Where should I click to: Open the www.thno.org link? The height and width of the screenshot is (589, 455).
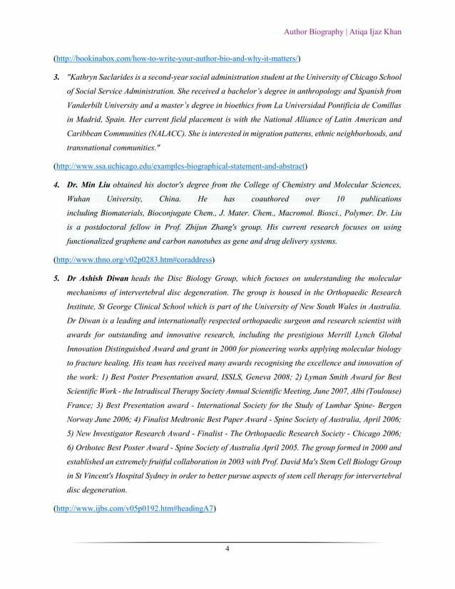coord(136,259)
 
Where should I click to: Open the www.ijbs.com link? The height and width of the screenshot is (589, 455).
coord(136,509)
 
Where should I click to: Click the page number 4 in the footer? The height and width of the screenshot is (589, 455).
coord(227,548)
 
